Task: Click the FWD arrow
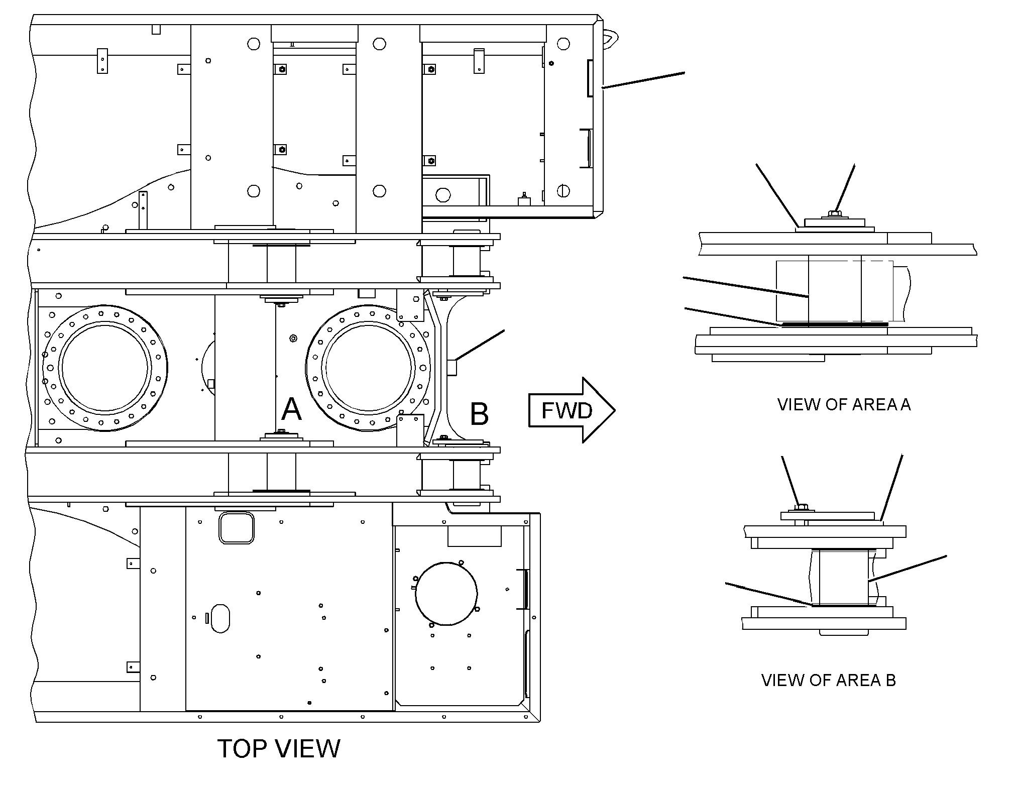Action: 572,410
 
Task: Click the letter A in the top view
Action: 291,409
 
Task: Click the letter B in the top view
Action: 479,414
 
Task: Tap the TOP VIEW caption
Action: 279,748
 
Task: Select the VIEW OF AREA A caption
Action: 844,404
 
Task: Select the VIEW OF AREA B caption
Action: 829,680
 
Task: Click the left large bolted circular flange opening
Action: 105,368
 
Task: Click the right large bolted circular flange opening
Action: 368,368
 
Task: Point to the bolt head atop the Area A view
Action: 834,214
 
